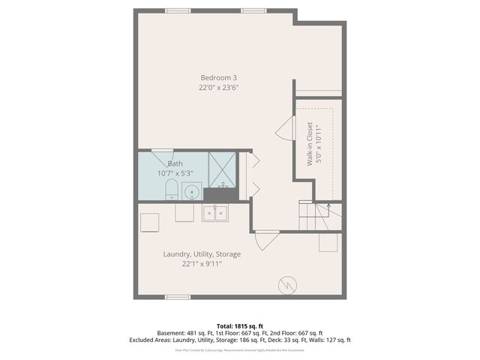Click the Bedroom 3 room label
(x=219, y=78)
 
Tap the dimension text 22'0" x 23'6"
(x=219, y=88)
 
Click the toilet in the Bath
(x=170, y=189)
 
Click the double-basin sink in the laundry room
(x=215, y=213)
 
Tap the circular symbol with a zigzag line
(x=287, y=285)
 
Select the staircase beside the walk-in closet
(x=321, y=218)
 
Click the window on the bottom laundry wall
(x=178, y=297)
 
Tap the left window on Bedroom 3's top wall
(x=178, y=10)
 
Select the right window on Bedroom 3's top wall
(x=253, y=10)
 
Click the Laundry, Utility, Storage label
(x=202, y=253)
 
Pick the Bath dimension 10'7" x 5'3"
(x=176, y=173)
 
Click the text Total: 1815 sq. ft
(x=240, y=326)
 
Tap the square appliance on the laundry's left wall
(x=149, y=223)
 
